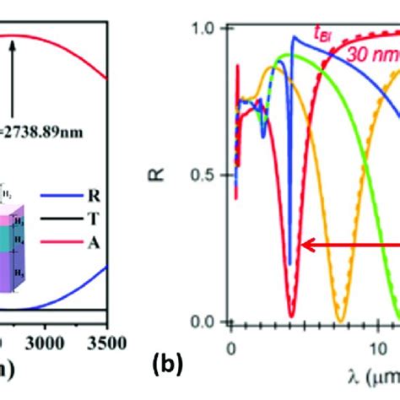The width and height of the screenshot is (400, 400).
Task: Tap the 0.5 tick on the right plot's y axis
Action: coord(205,175)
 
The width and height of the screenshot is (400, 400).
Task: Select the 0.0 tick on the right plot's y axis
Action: coord(205,322)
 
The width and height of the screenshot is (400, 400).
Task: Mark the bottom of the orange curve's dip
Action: coord(339,320)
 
